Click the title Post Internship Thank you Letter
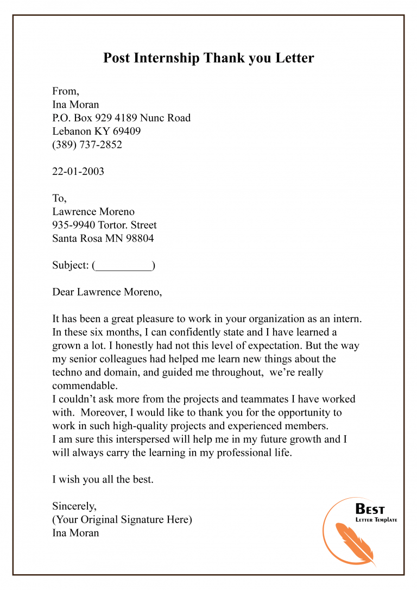(x=208, y=58)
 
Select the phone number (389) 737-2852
(x=87, y=145)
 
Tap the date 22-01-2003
(x=78, y=171)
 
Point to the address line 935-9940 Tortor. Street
(x=104, y=224)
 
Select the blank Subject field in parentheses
(x=124, y=265)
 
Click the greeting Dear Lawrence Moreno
(x=107, y=292)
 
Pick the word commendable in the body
(x=84, y=385)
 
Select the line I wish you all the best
(x=103, y=479)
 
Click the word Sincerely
(x=74, y=506)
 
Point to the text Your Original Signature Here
(x=122, y=519)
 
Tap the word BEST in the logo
(x=370, y=510)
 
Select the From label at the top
(x=66, y=91)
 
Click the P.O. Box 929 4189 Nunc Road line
(x=121, y=117)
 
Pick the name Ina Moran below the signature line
(x=75, y=533)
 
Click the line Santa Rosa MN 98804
(x=103, y=238)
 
